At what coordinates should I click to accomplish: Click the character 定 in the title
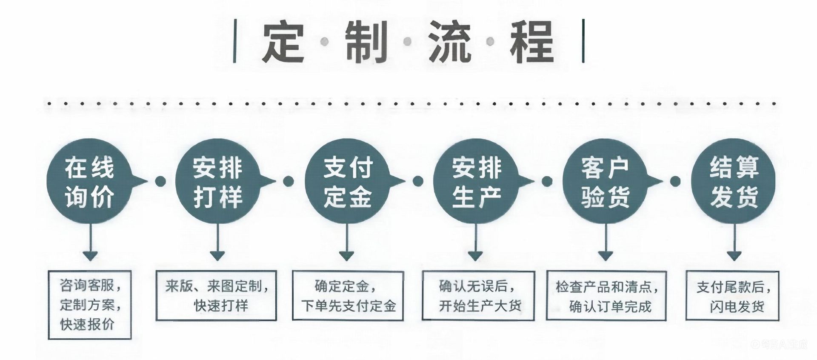tap(283, 42)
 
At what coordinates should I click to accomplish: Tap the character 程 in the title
tap(531, 42)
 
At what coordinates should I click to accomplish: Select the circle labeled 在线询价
tap(89, 181)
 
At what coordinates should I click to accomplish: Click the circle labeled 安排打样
tap(217, 181)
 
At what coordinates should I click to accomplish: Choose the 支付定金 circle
tap(347, 181)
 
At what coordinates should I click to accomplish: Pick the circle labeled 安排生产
tap(476, 181)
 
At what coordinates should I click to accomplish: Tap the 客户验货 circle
tap(605, 181)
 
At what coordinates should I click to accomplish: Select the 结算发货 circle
tap(733, 181)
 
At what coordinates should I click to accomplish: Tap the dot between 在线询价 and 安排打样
tap(160, 182)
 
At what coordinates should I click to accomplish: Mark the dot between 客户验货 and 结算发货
tap(675, 182)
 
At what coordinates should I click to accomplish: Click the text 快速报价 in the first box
tap(87, 324)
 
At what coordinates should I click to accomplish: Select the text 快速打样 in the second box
tap(221, 306)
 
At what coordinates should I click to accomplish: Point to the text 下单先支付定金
tap(349, 306)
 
